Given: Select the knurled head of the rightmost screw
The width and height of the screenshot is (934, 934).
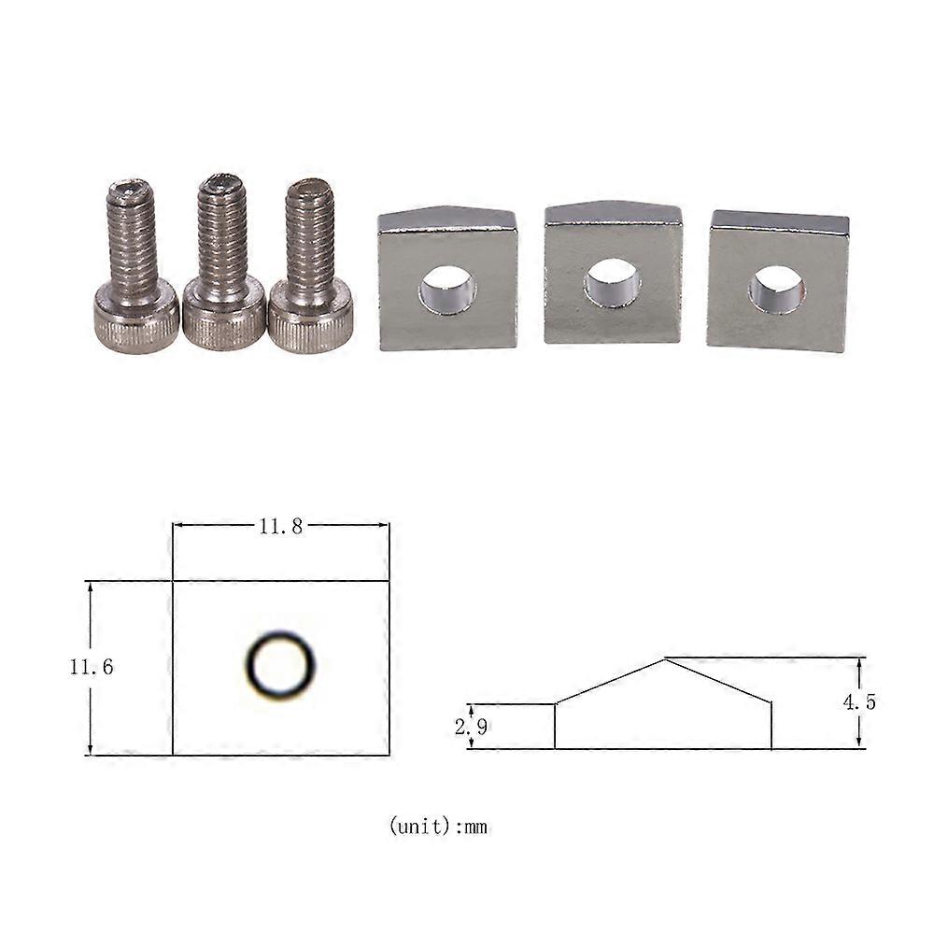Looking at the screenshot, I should pyautogui.click(x=310, y=318).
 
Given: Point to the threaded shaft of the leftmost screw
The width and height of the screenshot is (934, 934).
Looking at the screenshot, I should pyautogui.click(x=134, y=238).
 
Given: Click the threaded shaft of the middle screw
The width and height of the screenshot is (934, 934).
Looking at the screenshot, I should pyautogui.click(x=222, y=233).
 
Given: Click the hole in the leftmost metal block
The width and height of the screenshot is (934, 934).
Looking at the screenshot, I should pyautogui.click(x=447, y=290).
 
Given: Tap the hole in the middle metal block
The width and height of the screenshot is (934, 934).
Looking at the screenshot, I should pyautogui.click(x=612, y=282).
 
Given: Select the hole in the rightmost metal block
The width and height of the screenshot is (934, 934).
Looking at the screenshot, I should pyautogui.click(x=776, y=290).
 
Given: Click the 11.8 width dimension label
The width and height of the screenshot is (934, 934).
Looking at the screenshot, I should pyautogui.click(x=280, y=526).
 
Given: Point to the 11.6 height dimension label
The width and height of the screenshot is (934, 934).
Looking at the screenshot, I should pyautogui.click(x=91, y=668).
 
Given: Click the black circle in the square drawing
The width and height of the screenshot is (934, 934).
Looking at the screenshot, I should pyautogui.click(x=280, y=665).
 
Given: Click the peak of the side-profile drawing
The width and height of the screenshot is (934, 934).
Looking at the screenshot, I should pyautogui.click(x=664, y=659).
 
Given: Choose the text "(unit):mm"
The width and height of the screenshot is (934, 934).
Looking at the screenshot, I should pyautogui.click(x=438, y=827).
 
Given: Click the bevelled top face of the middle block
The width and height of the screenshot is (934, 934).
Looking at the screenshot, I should pyautogui.click(x=613, y=213).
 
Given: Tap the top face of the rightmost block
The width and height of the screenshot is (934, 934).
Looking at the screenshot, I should pyautogui.click(x=779, y=222).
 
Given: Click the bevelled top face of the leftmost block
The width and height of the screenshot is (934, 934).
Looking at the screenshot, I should pyautogui.click(x=447, y=219).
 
